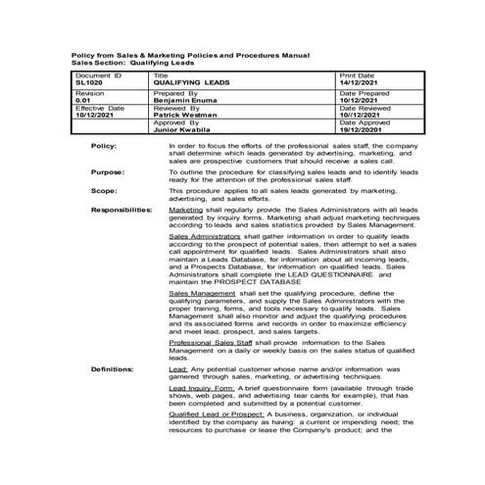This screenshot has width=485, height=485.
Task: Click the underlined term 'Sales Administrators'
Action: pos(203,236)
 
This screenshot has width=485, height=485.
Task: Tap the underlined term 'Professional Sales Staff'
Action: pos(209,342)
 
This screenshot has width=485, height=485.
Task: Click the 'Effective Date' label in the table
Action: pos(99,108)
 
